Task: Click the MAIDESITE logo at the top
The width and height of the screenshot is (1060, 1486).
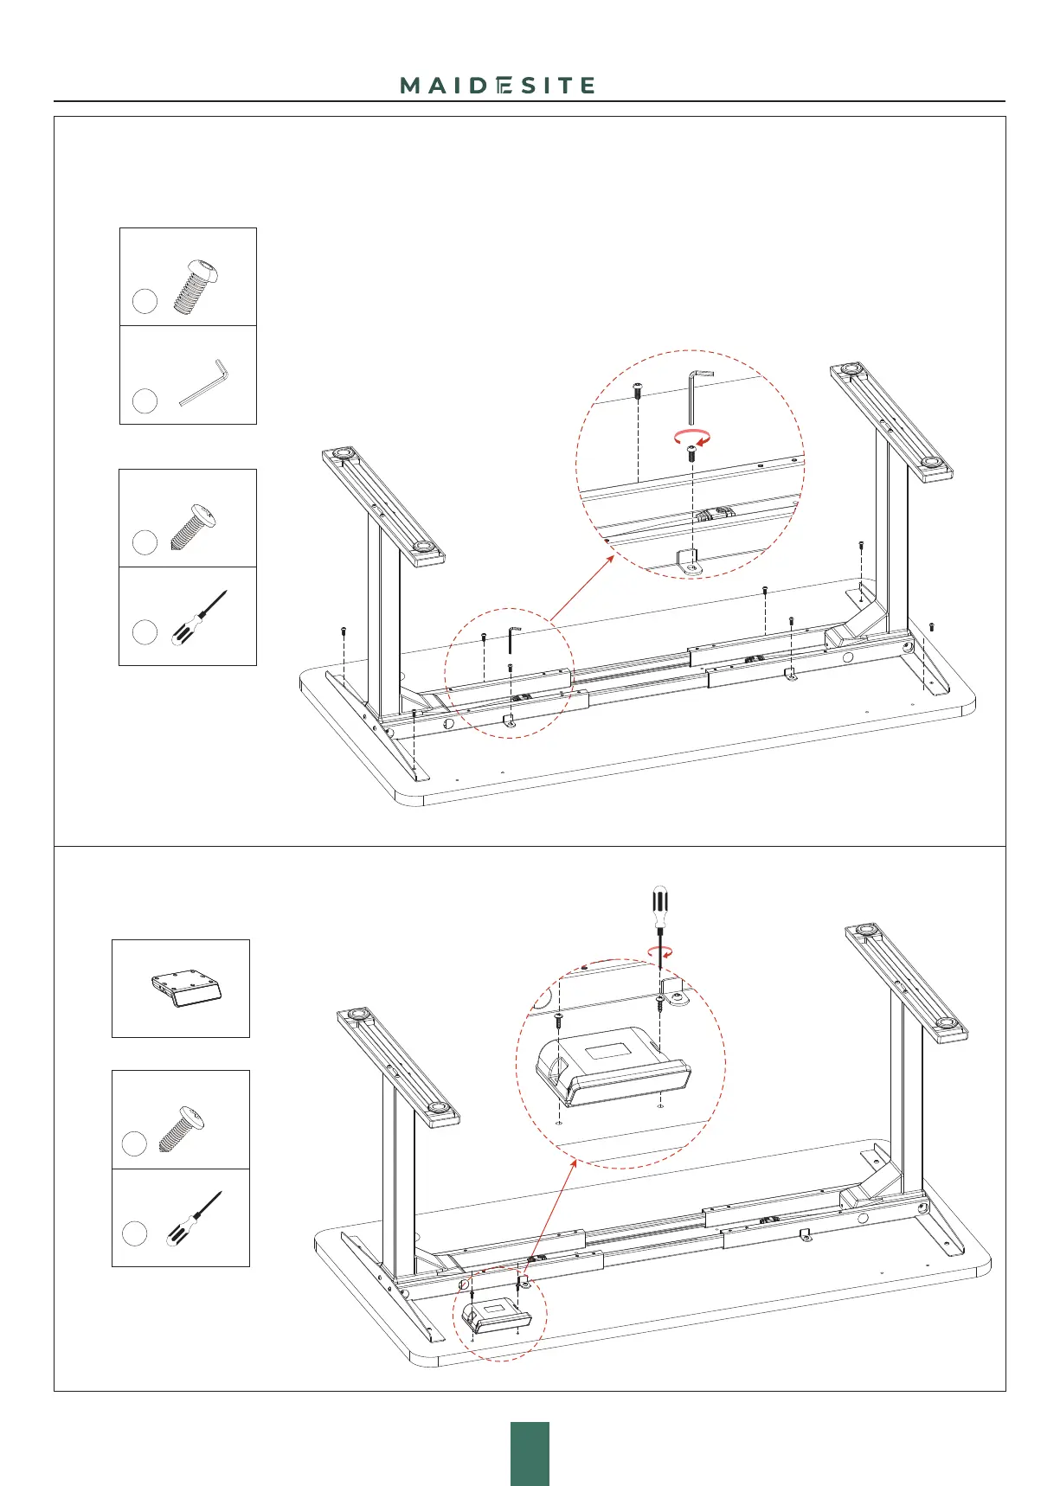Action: pos(498,85)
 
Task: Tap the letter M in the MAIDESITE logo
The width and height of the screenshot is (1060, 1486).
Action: pos(410,85)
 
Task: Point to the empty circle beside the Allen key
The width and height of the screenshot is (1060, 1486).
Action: pos(145,400)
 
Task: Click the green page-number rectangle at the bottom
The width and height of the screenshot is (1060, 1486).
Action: pos(530,1453)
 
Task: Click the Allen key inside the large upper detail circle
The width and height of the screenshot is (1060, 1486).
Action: pos(694,397)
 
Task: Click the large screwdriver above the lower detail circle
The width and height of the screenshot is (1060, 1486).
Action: pos(659,922)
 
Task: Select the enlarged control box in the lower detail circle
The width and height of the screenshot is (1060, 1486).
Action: pos(614,1066)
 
